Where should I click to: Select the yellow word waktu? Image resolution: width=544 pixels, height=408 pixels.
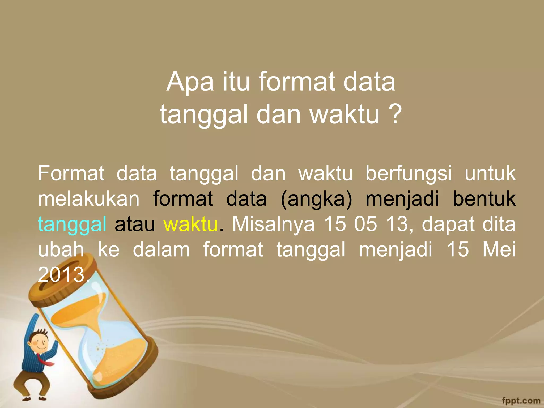[x=190, y=224]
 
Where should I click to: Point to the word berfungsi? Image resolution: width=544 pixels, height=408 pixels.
[x=409, y=173]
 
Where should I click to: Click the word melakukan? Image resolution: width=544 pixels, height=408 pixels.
[x=88, y=199]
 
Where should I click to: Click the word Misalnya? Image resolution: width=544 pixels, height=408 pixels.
[x=273, y=224]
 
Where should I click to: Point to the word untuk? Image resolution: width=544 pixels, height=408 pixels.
[x=490, y=173]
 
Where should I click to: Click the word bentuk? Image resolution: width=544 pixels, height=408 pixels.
[x=484, y=199]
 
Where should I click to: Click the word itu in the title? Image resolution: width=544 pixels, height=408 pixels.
[x=236, y=82]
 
